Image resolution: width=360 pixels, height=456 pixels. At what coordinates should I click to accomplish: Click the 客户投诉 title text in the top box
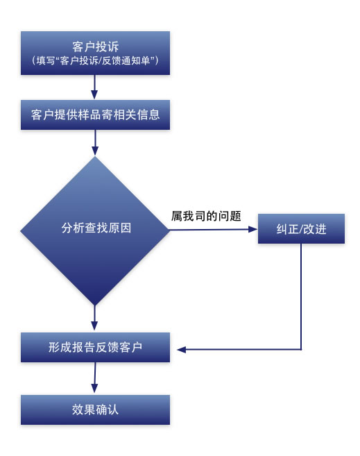(x=95, y=47)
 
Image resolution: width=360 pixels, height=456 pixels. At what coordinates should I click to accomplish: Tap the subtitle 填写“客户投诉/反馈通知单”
(x=95, y=60)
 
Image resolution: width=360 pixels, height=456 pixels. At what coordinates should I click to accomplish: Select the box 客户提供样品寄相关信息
(x=95, y=115)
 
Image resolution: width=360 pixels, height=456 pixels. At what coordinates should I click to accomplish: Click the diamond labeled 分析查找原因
(x=95, y=230)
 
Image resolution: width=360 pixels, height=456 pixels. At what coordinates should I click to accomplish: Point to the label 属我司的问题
(x=206, y=216)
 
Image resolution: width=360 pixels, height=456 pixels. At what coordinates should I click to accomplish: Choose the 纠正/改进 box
(x=301, y=228)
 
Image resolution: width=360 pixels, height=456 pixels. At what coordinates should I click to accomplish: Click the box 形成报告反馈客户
(x=95, y=347)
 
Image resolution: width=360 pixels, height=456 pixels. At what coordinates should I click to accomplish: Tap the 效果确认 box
(x=95, y=409)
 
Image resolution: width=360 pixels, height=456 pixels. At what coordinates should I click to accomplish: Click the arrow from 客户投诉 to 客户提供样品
(x=94, y=87)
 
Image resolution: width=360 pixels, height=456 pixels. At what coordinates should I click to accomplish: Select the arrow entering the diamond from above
(x=95, y=142)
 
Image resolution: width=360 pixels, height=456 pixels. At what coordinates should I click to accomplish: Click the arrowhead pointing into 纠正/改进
(x=252, y=230)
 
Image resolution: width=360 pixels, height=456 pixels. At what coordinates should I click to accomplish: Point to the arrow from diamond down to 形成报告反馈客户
(x=94, y=318)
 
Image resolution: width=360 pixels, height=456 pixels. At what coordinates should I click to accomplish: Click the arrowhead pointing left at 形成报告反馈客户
(x=181, y=349)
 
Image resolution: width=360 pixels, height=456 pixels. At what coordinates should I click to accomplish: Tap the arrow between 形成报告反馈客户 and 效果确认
(x=94, y=378)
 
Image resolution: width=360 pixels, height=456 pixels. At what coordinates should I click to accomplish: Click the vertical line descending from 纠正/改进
(x=301, y=296)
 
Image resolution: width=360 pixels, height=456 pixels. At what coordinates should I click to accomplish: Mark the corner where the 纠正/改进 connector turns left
(x=301, y=349)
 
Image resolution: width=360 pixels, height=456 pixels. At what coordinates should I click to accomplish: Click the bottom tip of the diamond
(x=95, y=305)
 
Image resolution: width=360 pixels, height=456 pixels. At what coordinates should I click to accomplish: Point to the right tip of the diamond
(x=170, y=230)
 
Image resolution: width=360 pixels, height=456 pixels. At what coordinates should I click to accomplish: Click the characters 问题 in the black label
(x=230, y=216)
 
